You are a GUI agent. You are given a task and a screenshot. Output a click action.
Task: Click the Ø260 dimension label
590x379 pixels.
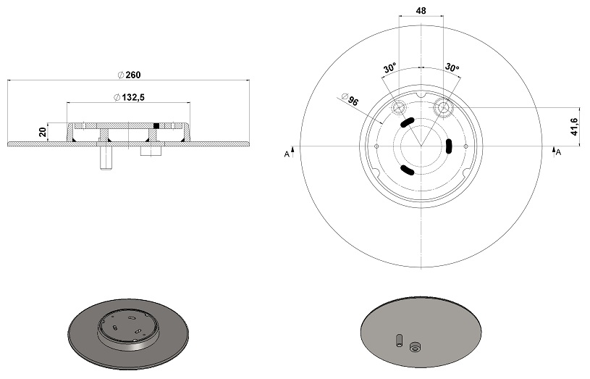[129, 75]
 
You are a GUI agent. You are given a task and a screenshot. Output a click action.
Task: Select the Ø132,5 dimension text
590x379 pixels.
[129, 98]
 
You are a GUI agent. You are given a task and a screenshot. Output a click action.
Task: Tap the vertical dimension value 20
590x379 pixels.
[43, 132]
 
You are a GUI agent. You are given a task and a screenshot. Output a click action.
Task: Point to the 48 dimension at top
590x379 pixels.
[421, 11]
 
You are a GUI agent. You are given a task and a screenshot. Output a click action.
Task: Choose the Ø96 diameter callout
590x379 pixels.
[350, 99]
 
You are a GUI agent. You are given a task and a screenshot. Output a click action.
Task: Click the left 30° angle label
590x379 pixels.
[390, 68]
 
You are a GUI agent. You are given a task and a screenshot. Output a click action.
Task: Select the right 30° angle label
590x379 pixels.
[452, 67]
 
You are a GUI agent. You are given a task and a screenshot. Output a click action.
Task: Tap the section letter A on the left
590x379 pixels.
[287, 154]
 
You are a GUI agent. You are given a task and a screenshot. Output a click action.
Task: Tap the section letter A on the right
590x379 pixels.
[558, 152]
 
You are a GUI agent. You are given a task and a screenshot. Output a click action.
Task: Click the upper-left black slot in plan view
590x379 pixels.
[407, 122]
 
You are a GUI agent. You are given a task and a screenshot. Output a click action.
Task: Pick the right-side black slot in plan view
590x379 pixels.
[449, 146]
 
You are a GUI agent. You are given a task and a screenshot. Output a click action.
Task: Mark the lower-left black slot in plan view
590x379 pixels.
[407, 170]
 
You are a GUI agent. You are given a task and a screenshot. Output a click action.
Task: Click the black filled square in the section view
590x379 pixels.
[156, 125]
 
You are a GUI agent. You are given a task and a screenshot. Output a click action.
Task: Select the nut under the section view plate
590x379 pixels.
[151, 151]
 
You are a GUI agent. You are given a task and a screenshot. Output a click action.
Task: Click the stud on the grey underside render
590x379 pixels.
[399, 340]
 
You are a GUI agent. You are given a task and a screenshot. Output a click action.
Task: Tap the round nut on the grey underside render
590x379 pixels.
[415, 346]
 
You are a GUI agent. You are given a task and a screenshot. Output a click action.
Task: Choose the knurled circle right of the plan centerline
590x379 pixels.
[444, 107]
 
